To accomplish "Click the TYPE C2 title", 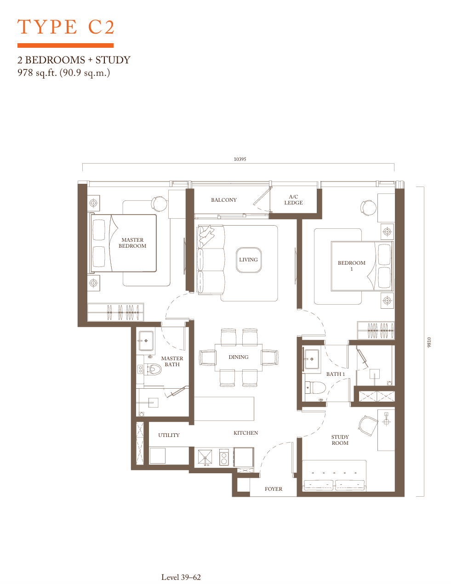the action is (66, 27).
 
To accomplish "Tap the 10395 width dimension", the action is (240, 159).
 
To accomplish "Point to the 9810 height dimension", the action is (429, 342).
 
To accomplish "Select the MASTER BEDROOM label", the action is (132, 243).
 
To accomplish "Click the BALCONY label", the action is (223, 200).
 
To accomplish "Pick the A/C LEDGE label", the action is (293, 200).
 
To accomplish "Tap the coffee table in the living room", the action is (249, 260).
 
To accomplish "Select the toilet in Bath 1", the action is (315, 388).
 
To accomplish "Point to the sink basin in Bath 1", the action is (312, 359).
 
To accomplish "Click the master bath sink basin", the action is (146, 340).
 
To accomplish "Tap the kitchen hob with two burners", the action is (224, 457).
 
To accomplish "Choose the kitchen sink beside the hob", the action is (205, 457).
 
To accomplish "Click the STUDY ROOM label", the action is (340, 440).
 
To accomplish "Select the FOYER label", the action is (274, 489).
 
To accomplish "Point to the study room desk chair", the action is (368, 425).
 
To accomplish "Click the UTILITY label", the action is (169, 435).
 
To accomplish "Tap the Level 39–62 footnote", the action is (181, 577).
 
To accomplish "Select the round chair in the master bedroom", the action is (159, 204).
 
